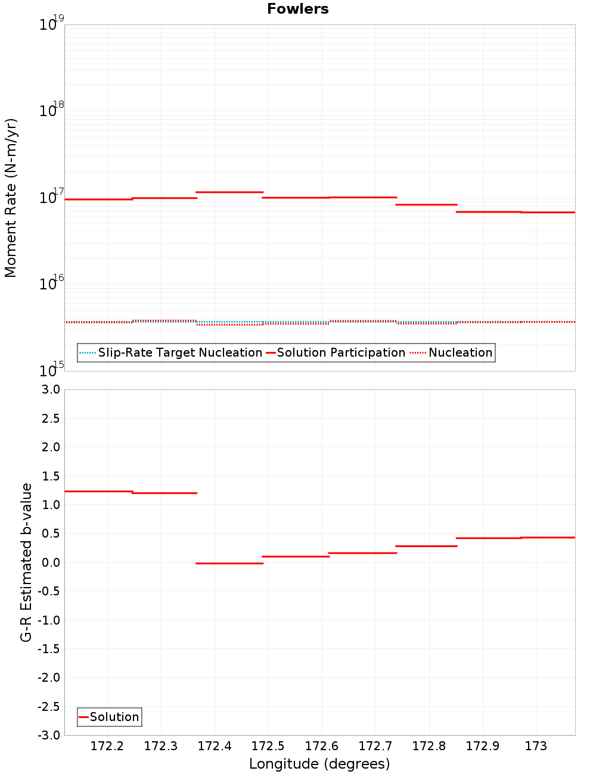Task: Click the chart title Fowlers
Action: coord(297,9)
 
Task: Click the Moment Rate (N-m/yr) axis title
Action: coord(11,198)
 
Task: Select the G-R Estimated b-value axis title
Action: coord(26,562)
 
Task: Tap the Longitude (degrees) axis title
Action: coord(319,764)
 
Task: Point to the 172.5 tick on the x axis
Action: coord(268,746)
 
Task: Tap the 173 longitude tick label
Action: coord(536,746)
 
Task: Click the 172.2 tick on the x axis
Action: coord(107,746)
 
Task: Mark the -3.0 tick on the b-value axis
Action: coord(49,735)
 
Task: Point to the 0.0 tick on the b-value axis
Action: coord(50,562)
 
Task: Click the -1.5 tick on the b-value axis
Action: coord(49,649)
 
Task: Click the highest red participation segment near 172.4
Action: coord(229,192)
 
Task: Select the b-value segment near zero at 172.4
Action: coord(229,563)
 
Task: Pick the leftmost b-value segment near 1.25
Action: coord(98,491)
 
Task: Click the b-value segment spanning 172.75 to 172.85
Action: coord(427,546)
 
